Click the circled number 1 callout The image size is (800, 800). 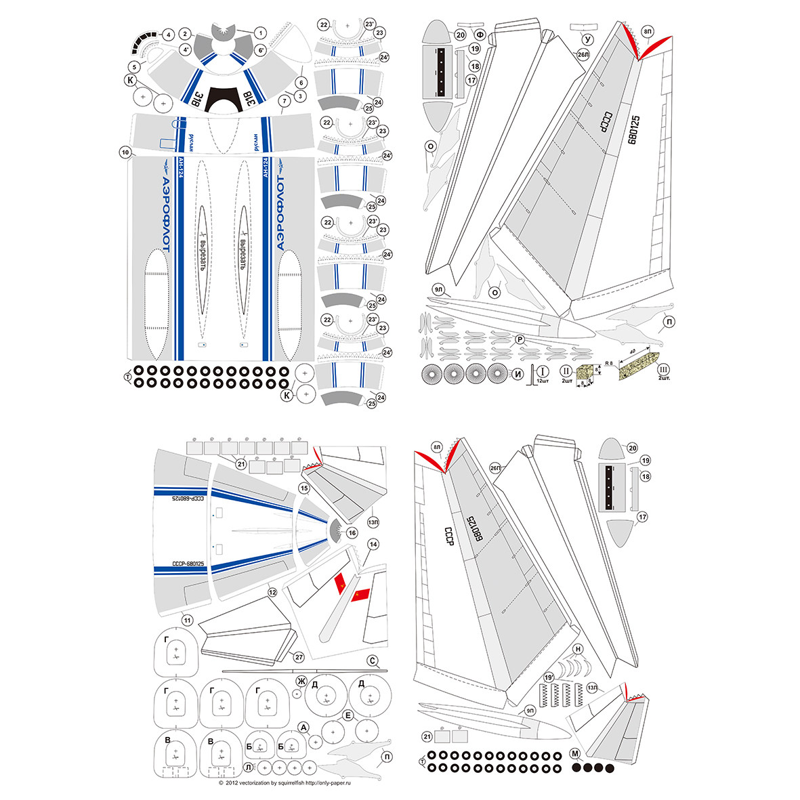pyautogui.click(x=260, y=32)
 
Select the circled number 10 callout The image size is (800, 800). pyautogui.click(x=125, y=152)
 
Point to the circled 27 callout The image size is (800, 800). pyautogui.click(x=299, y=656)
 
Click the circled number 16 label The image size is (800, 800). pyautogui.click(x=352, y=533)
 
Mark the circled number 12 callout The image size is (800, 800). pyautogui.click(x=272, y=591)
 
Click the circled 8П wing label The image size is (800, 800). pyautogui.click(x=648, y=31)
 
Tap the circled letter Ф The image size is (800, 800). pyautogui.click(x=480, y=34)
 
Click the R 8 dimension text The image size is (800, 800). pyautogui.click(x=608, y=363)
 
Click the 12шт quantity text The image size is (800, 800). pyautogui.click(x=543, y=381)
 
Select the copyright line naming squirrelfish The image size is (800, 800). pyautogui.click(x=285, y=783)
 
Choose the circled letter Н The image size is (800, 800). pyautogui.click(x=578, y=649)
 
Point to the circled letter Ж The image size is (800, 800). pyautogui.click(x=301, y=680)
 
